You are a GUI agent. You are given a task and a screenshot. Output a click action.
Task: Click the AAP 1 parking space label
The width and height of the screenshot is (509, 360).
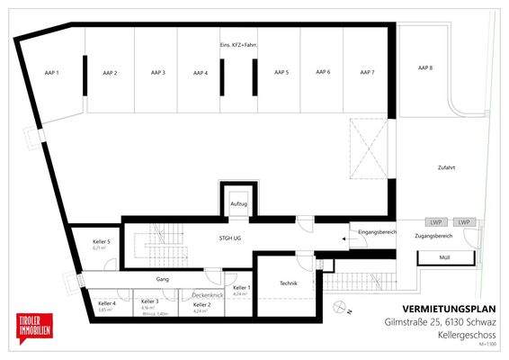52,72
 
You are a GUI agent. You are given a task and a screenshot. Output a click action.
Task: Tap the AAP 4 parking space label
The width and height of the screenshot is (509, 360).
200,72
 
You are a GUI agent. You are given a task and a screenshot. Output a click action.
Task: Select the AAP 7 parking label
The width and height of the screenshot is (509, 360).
367,72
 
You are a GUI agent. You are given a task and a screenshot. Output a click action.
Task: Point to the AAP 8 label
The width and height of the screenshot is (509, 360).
425,67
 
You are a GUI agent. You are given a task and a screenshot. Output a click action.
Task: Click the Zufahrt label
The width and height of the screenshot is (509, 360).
447,169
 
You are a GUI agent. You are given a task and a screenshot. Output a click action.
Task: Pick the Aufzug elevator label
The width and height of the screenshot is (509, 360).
238,205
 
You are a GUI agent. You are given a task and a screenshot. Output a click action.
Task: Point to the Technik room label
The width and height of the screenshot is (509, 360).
289,283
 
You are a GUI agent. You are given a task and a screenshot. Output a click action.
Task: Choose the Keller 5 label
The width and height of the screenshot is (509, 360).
102,241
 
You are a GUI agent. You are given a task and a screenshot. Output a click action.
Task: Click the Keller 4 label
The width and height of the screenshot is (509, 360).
107,303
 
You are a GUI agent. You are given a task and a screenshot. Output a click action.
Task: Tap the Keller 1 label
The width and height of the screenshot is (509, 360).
242,287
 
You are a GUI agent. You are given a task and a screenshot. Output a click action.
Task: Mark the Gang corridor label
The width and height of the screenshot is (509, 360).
162,279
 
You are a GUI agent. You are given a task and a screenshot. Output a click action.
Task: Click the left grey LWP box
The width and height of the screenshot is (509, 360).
435,222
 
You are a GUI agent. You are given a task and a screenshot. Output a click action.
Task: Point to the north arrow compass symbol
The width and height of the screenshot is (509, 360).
340,308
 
